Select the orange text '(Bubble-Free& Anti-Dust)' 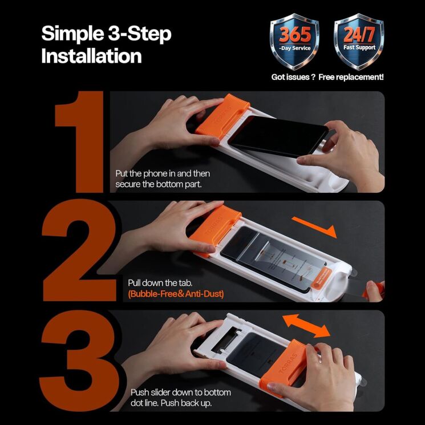coord(176,294)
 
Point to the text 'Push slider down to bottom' coord(181,392)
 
